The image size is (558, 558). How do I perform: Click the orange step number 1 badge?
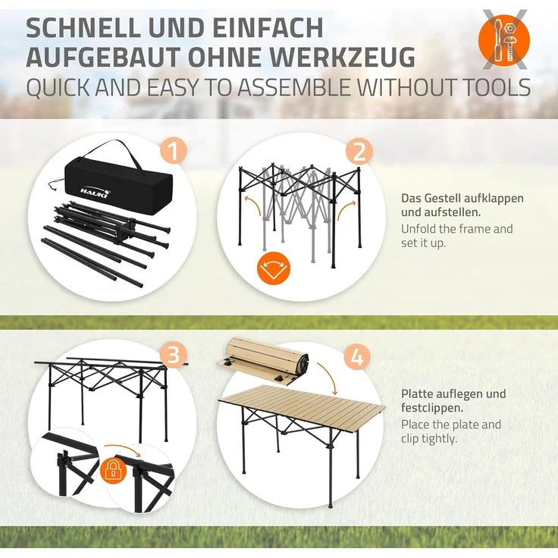point(174,152)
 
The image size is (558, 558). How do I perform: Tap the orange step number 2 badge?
point(359,152)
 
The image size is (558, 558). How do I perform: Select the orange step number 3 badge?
point(174,355)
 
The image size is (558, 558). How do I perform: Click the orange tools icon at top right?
point(503,38)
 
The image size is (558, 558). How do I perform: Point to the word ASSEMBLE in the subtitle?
point(278,87)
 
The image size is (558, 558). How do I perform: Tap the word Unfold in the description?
point(418,228)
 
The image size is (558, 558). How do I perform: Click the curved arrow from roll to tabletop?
point(328,377)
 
